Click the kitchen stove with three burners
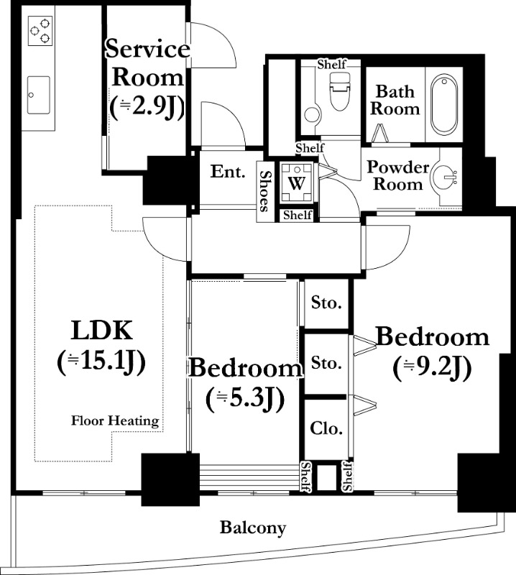40,31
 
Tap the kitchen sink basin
39,95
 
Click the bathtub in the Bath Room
444,103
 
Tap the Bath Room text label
395,100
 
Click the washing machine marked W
297,183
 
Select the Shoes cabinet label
265,191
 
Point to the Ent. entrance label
228,172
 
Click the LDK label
101,331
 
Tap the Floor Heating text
115,420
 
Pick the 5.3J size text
245,399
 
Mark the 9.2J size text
432,368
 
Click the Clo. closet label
326,428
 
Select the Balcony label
253,528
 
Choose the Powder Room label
398,175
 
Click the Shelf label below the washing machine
298,215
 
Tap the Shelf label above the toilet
331,65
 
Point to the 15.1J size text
101,362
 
